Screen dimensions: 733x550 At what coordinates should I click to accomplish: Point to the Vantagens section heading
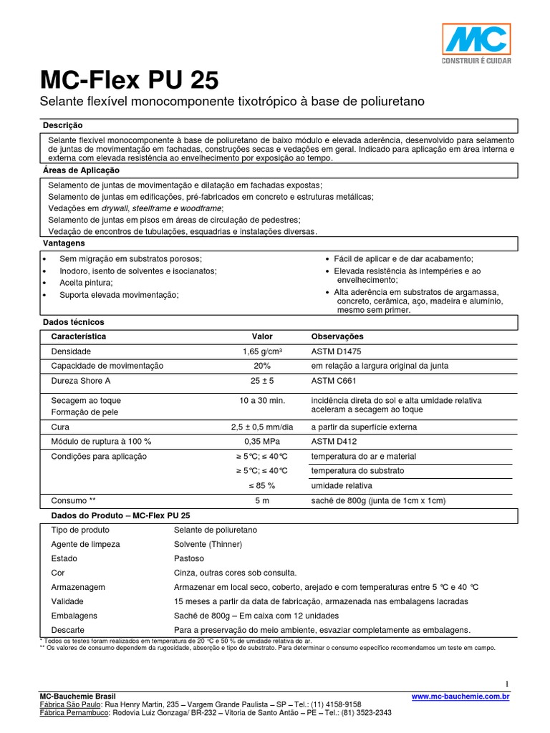tap(64, 243)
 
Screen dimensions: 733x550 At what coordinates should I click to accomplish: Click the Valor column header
tap(262, 336)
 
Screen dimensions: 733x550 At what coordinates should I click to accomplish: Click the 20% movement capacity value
tap(262, 366)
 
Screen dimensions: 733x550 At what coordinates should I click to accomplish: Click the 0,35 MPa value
tap(262, 442)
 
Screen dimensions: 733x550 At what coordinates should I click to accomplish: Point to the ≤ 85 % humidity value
tap(262, 485)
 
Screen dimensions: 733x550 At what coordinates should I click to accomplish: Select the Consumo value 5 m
tap(262, 500)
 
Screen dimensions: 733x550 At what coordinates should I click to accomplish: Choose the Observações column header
tap(337, 336)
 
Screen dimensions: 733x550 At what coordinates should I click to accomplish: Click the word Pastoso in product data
tap(189, 558)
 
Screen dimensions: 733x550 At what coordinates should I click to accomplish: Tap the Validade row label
tap(67, 601)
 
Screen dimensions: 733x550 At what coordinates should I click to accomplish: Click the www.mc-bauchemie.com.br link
tap(460, 695)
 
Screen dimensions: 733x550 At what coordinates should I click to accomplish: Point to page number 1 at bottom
tap(506, 683)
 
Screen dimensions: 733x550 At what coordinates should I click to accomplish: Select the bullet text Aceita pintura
tap(86, 283)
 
